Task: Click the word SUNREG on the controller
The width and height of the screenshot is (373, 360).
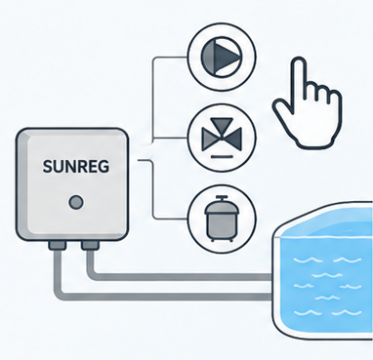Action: click(x=76, y=167)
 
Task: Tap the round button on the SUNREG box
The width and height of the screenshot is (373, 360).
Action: click(x=76, y=203)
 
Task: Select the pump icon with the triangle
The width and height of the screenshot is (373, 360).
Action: click(x=223, y=58)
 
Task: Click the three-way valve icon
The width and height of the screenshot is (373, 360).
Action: click(x=223, y=139)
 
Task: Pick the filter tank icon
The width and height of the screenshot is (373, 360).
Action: click(x=223, y=219)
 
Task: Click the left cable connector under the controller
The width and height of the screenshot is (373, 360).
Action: click(x=58, y=245)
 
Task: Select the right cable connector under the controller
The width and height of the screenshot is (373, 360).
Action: click(x=90, y=245)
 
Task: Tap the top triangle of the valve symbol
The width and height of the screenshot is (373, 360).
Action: click(x=223, y=126)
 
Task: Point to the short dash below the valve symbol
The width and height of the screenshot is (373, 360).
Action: click(x=223, y=157)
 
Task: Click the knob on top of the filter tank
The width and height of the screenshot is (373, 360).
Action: click(x=223, y=198)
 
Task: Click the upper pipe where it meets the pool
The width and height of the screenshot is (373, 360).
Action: click(x=270, y=277)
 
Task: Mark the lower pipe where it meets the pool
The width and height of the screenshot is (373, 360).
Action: click(x=270, y=297)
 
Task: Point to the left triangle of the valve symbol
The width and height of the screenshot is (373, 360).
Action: click(x=209, y=139)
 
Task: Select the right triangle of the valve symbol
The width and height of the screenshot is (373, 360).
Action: click(x=235, y=139)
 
